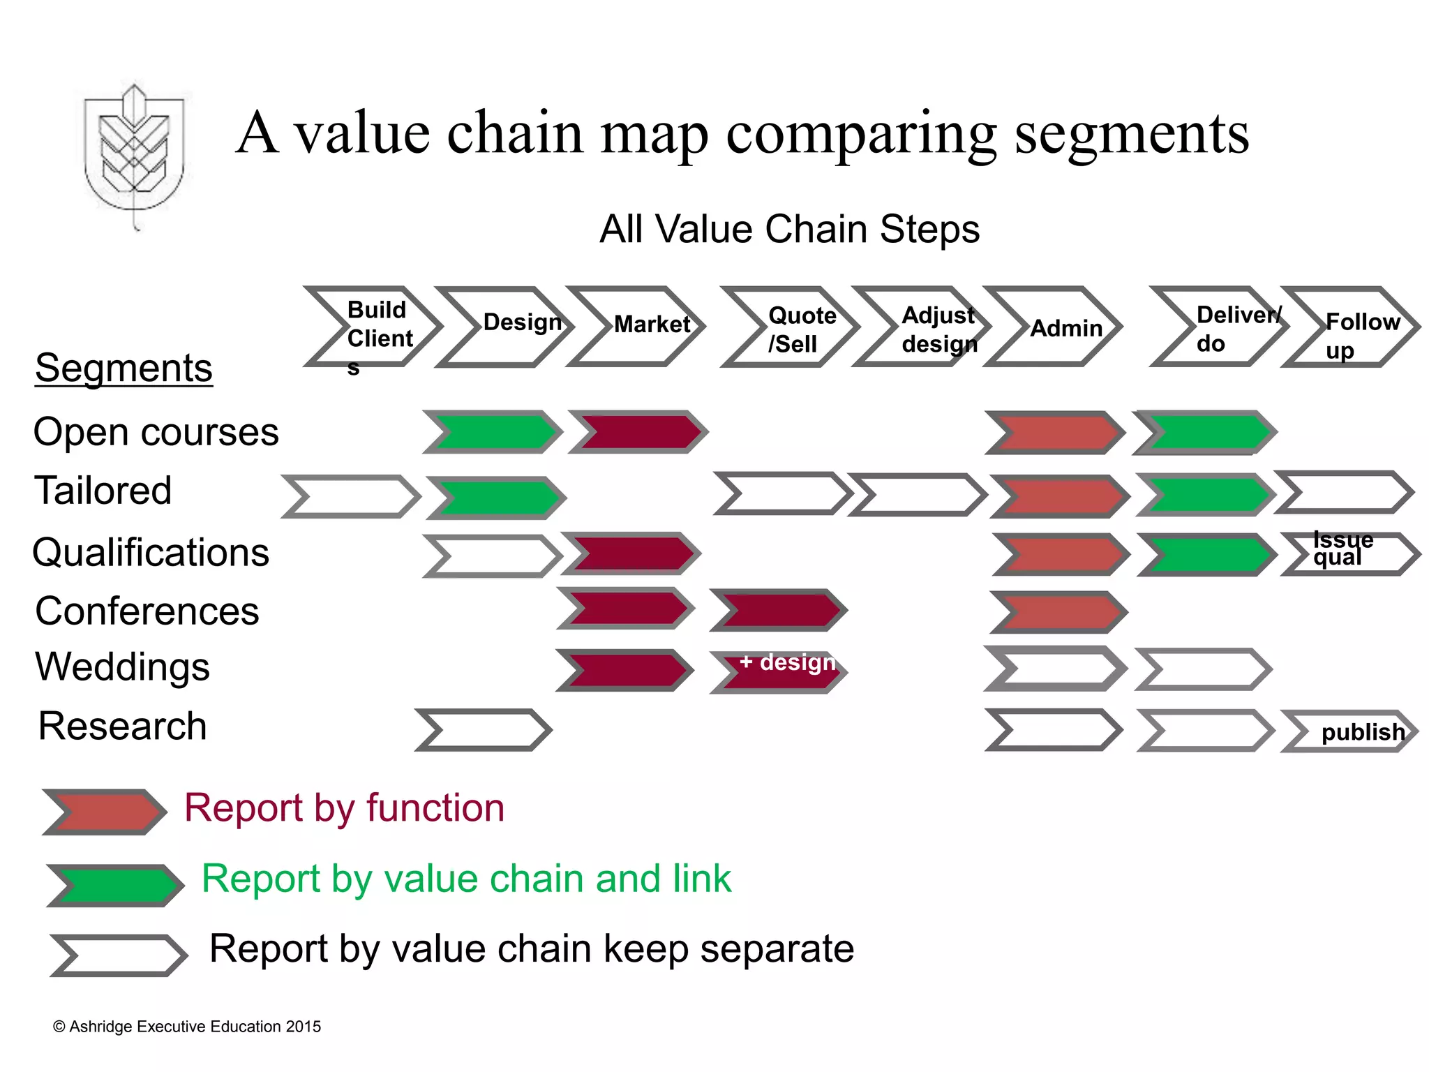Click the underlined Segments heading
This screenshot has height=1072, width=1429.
(x=124, y=368)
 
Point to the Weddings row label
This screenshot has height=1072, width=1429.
(x=122, y=667)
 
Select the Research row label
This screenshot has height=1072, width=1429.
(x=122, y=726)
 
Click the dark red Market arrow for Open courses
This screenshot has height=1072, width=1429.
(x=638, y=432)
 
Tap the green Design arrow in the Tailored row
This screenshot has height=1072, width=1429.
(x=496, y=498)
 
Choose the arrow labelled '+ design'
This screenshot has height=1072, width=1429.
(x=779, y=671)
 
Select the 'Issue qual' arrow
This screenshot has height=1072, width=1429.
(x=1350, y=554)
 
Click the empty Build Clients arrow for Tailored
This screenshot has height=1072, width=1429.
(x=351, y=497)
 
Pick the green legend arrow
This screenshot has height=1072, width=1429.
(x=115, y=885)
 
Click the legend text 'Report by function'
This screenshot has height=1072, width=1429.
(x=344, y=808)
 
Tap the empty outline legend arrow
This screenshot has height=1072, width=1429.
(x=119, y=955)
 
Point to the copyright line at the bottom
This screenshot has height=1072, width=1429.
(x=187, y=1027)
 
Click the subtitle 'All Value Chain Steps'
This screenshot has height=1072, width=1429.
(x=789, y=229)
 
